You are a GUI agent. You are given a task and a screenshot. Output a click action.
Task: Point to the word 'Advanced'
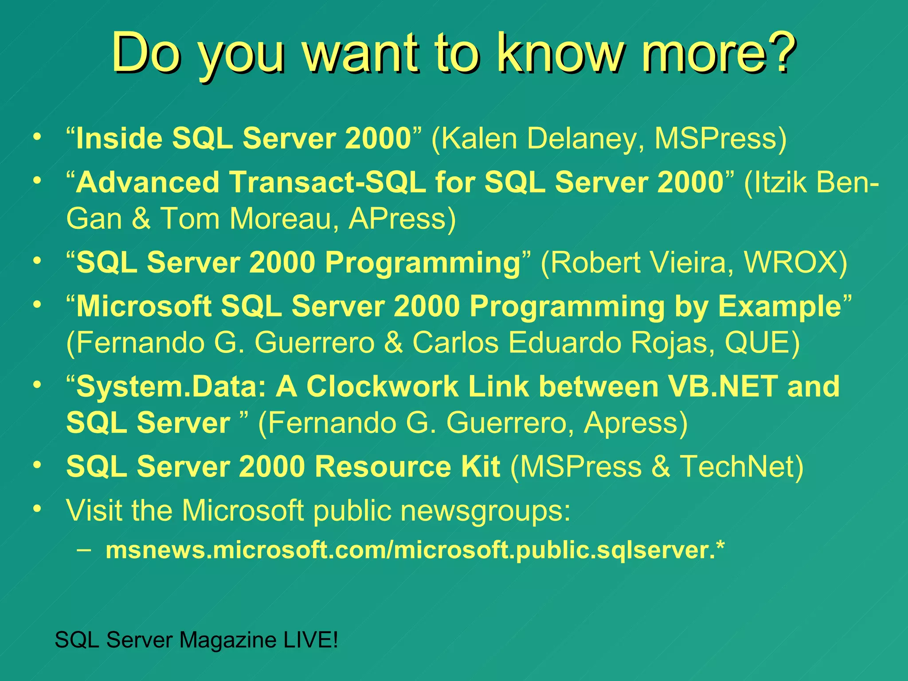click(x=148, y=182)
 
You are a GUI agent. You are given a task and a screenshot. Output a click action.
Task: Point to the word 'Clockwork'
click(x=382, y=387)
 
